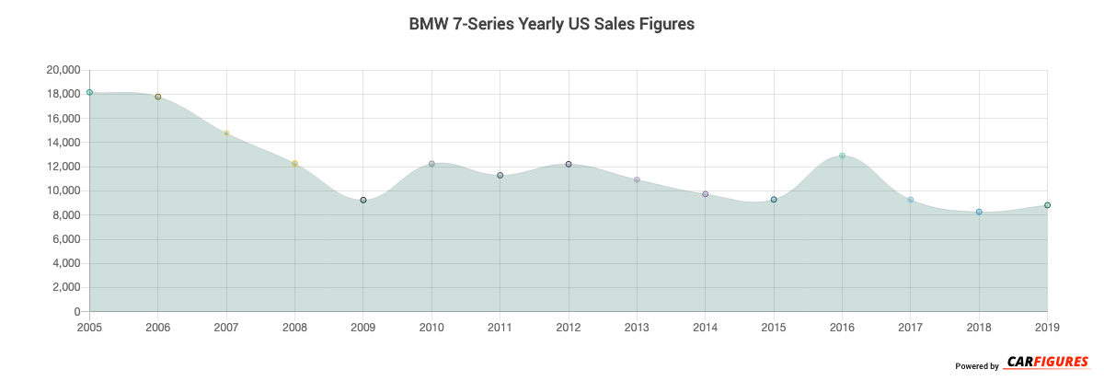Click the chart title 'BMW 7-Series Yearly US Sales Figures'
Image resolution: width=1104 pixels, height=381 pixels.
(551, 25)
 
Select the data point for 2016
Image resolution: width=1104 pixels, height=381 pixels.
(842, 156)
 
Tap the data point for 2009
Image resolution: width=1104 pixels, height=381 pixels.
(363, 200)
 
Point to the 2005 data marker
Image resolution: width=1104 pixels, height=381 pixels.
(89, 92)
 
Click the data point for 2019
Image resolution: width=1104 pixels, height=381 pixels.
(1047, 205)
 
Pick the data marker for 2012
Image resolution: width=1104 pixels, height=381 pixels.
(569, 164)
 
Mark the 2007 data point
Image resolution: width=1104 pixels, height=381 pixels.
(226, 133)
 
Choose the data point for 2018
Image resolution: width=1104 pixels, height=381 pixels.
(979, 212)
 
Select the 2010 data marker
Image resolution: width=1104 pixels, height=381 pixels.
(431, 164)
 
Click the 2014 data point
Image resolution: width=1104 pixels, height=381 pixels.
(705, 194)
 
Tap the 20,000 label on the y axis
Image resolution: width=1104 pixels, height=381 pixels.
(63, 70)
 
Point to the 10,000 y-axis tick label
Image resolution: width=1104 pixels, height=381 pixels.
(63, 190)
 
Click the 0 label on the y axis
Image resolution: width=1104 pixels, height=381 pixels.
(76, 312)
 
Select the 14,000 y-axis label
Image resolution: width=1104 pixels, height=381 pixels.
(63, 143)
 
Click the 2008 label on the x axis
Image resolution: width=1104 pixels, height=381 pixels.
(294, 328)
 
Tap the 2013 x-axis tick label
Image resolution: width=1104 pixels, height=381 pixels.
(637, 328)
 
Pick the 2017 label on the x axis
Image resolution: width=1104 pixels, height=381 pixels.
(911, 328)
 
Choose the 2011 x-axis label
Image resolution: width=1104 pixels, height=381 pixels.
(500, 328)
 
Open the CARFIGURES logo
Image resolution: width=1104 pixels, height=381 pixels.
(1047, 362)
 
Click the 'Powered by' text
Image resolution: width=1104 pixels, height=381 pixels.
(977, 366)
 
